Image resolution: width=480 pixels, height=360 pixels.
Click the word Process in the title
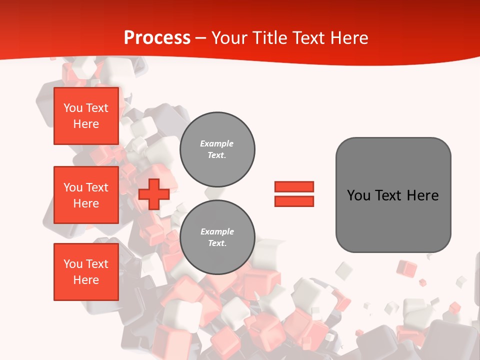tap(157, 38)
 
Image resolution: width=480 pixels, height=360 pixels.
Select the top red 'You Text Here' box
tap(86, 116)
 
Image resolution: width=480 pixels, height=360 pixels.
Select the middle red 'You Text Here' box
tap(86, 195)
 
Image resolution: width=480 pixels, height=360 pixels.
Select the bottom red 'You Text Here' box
tap(86, 272)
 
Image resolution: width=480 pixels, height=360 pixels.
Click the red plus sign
tap(153, 194)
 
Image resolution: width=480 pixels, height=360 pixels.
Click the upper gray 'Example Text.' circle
tap(217, 149)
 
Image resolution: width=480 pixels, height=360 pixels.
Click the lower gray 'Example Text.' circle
tap(217, 237)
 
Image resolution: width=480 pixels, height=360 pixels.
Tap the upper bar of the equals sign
tap(294, 186)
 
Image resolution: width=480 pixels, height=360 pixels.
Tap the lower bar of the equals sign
tap(294, 201)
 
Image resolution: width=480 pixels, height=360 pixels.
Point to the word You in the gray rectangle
tap(358, 195)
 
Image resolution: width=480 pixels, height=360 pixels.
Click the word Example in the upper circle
tap(217, 144)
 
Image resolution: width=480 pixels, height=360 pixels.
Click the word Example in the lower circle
tap(217, 232)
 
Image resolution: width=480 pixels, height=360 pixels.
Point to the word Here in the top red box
tap(86, 124)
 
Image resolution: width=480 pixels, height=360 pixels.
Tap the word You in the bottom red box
tap(73, 264)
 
